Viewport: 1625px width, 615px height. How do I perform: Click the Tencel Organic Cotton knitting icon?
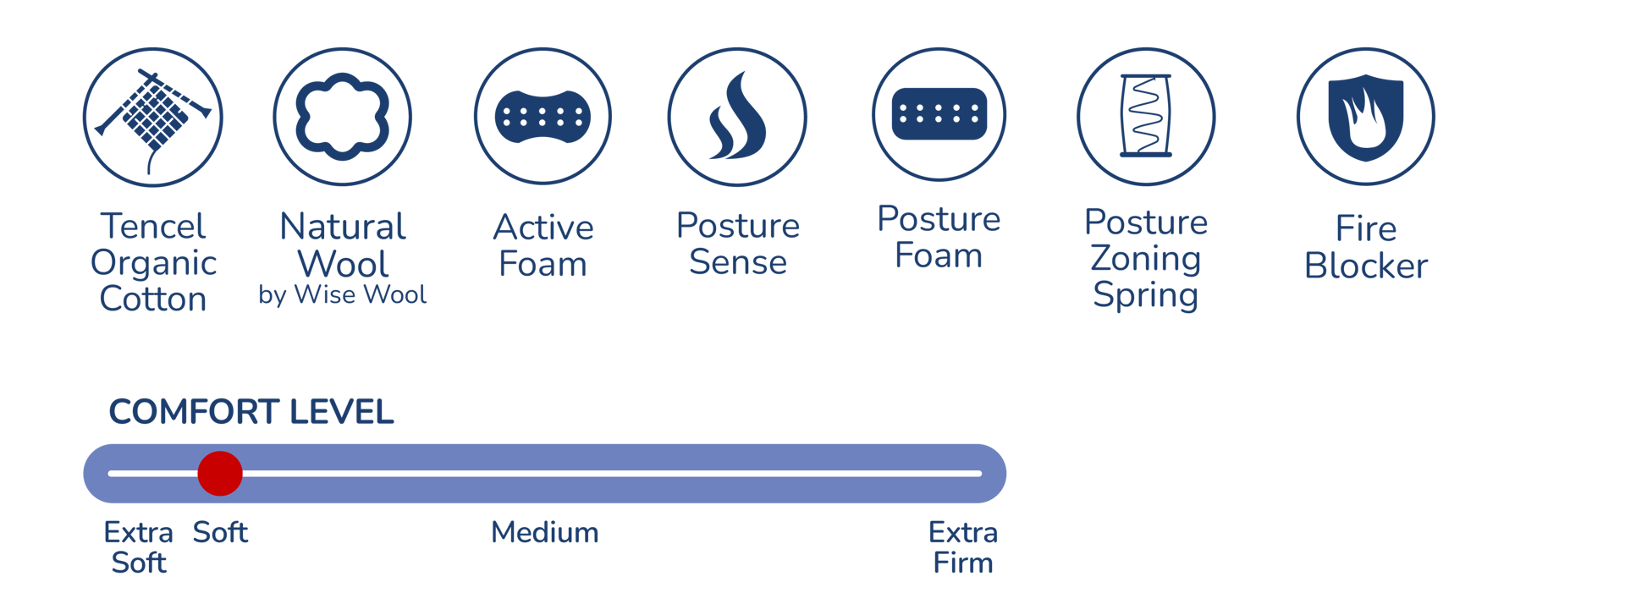pos(153,117)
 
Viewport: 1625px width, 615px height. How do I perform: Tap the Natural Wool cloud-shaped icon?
pos(343,117)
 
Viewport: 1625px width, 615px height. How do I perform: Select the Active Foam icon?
pos(543,117)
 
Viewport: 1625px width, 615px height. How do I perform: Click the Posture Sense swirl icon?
pos(737,117)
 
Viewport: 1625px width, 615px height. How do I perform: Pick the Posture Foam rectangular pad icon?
pos(939,113)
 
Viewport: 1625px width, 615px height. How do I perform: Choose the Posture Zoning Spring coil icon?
pos(1146,116)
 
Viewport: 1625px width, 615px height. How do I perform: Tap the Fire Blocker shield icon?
pos(1366,116)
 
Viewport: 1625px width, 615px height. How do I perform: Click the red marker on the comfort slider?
pos(220,473)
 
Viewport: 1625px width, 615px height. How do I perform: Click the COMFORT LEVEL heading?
pos(251,412)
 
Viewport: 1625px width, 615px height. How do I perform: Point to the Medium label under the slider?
pos(545,533)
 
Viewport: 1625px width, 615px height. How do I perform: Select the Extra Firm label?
pos(963,547)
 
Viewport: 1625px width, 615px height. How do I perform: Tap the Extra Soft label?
pos(139,547)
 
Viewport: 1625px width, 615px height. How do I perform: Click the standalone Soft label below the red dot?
pos(220,533)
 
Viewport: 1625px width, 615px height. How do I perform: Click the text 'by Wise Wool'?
pos(343,294)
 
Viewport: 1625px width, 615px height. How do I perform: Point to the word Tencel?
pos(153,227)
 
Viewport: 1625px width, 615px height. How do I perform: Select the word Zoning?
pos(1146,259)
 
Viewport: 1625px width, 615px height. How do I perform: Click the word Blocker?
pos(1366,266)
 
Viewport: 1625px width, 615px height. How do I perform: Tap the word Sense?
pos(738,263)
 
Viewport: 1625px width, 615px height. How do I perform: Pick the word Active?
pos(543,228)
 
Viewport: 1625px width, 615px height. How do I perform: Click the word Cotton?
pos(153,299)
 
